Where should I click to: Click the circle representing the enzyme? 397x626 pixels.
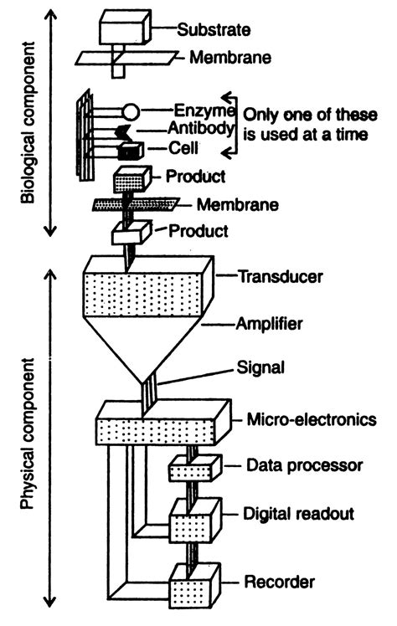coord(131,110)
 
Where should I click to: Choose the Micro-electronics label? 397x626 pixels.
coord(309,419)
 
